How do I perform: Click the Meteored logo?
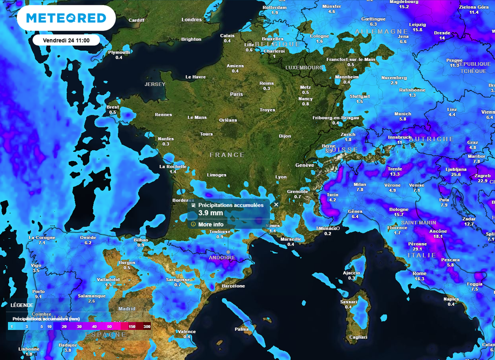point(66,18)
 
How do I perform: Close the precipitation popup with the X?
point(277,204)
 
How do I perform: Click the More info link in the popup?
point(211,224)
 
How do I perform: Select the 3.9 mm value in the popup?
point(211,213)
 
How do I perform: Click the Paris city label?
point(236,94)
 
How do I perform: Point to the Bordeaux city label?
point(183,200)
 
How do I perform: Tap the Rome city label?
point(420,274)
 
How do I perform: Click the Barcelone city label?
point(233,286)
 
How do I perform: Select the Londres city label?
point(191,20)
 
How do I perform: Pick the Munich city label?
point(403,114)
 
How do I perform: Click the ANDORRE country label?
point(222,258)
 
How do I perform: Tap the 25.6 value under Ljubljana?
point(456,174)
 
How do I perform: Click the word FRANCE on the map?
point(227,155)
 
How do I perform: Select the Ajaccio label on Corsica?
point(351,273)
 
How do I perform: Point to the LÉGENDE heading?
point(22,305)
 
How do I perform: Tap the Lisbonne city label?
point(29,349)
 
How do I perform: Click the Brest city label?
point(113,107)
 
